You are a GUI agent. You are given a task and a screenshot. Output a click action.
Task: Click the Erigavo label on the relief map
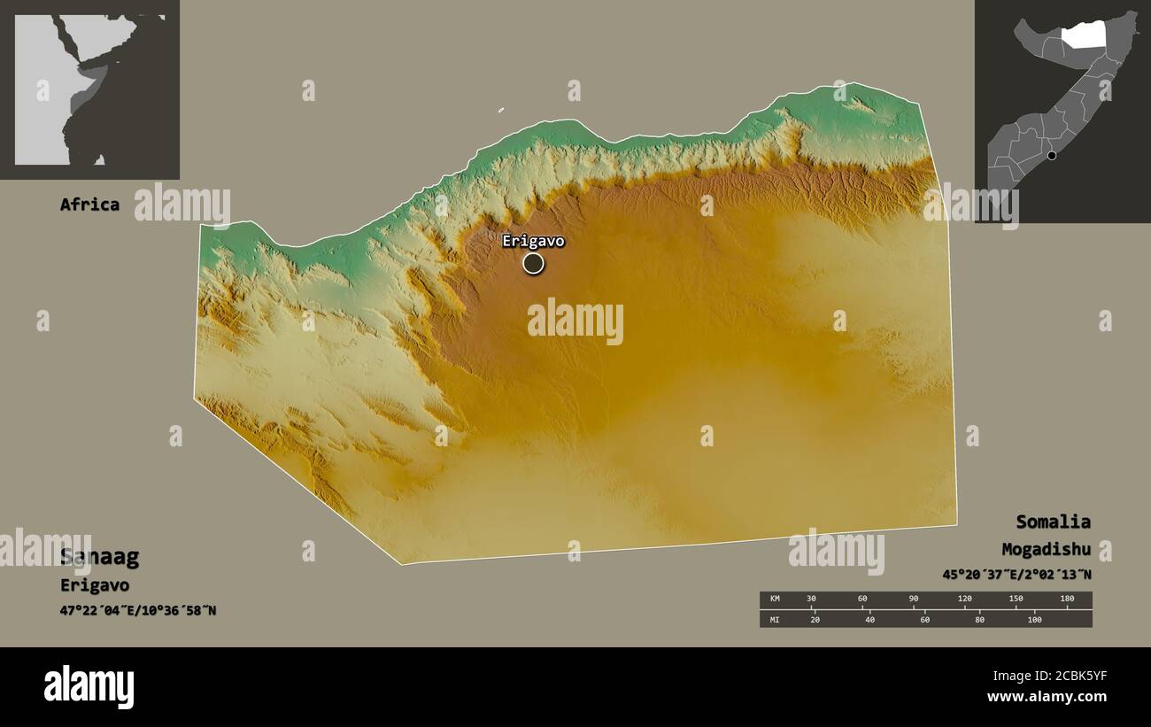pos(533,241)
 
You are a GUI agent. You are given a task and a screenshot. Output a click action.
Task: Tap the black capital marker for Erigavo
pos(533,263)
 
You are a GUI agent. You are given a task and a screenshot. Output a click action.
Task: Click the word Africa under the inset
pos(89,205)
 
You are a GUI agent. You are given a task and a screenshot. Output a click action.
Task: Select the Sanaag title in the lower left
pos(99,557)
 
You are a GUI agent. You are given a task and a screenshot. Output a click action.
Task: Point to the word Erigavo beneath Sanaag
pos(95,585)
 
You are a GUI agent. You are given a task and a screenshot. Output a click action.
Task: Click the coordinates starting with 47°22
pos(138,611)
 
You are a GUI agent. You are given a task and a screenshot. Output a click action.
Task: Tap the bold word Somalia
pos(1053,522)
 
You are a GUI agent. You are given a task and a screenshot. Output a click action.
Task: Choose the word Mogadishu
pos(1047,549)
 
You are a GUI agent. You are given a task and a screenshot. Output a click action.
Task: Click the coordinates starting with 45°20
pos(1016,574)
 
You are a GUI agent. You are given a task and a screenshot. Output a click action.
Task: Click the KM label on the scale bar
pos(775,599)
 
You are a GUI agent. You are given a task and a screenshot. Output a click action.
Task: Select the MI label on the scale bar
pos(775,619)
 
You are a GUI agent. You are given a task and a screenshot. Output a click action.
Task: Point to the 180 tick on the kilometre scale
pos(1067,599)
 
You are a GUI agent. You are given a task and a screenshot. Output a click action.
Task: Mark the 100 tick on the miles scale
pos(1033,619)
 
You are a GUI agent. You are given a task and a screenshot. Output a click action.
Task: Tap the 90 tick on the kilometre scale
pos(913,599)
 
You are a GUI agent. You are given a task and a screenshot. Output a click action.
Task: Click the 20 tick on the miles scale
pos(815,619)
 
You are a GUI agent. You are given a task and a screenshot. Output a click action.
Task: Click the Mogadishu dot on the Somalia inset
pos(1052,156)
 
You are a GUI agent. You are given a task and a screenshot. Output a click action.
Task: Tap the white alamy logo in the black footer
pos(89,686)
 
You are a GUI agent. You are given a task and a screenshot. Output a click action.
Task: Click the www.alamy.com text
pos(1047,697)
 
